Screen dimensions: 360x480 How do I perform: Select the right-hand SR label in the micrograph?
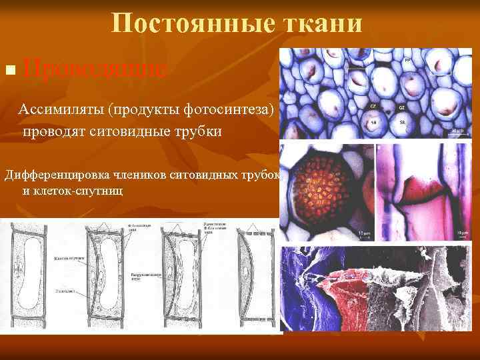[402, 123]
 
